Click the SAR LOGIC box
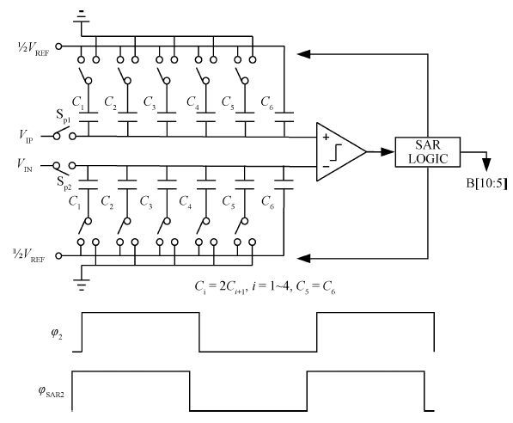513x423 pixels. pyautogui.click(x=428, y=152)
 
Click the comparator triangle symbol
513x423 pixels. pyautogui.click(x=340, y=152)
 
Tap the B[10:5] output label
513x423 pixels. pyautogui.click(x=487, y=183)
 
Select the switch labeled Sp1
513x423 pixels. pyautogui.click(x=64, y=133)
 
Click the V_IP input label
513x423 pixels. pyautogui.click(x=26, y=136)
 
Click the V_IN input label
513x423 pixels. pyautogui.click(x=25, y=164)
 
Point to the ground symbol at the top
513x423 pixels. pyautogui.click(x=81, y=17)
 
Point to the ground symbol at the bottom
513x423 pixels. pyautogui.click(x=82, y=284)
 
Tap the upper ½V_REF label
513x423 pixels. pyautogui.click(x=34, y=48)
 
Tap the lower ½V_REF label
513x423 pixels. pyautogui.click(x=28, y=255)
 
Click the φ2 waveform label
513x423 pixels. pyautogui.click(x=56, y=334)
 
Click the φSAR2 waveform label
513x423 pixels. pyautogui.click(x=51, y=391)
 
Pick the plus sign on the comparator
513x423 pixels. pyautogui.click(x=326, y=137)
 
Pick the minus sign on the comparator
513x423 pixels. pyautogui.click(x=326, y=167)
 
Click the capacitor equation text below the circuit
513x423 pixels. pyautogui.click(x=265, y=287)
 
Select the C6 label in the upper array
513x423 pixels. pyautogui.click(x=266, y=103)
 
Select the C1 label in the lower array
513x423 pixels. pyautogui.click(x=74, y=202)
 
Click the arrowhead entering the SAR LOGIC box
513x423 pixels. pyautogui.click(x=388, y=152)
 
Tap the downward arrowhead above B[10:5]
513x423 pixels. pyautogui.click(x=487, y=165)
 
